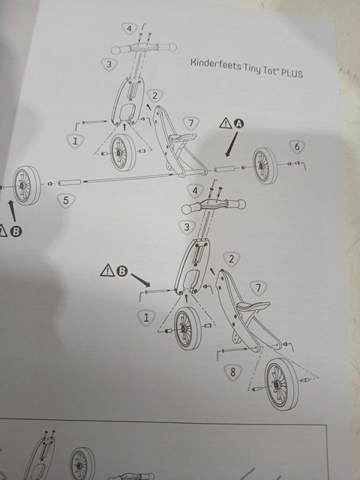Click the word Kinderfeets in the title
click(x=215, y=64)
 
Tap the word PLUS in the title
click(x=292, y=73)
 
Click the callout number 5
click(x=65, y=201)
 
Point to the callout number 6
click(x=297, y=147)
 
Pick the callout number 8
click(x=233, y=372)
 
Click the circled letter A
click(x=239, y=123)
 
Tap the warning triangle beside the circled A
click(x=226, y=123)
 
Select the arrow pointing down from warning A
click(x=231, y=144)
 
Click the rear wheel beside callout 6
click(x=265, y=166)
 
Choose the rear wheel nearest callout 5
click(x=27, y=185)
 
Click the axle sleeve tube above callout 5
click(x=70, y=183)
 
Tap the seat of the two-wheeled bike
click(x=253, y=305)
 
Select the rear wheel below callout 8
click(x=281, y=384)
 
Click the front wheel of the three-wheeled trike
click(x=122, y=152)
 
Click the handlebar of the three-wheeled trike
click(x=143, y=48)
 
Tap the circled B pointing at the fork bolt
click(x=121, y=271)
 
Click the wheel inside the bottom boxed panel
click(x=82, y=463)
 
